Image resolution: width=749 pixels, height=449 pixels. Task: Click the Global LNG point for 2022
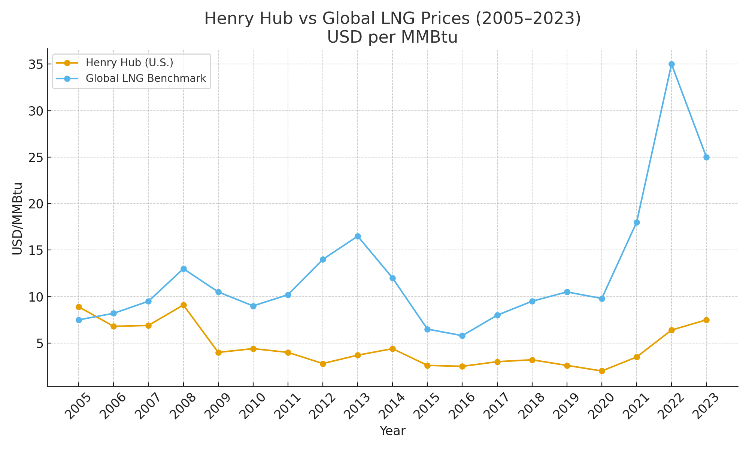coord(671,64)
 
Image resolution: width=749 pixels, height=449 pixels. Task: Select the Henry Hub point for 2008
coord(184,305)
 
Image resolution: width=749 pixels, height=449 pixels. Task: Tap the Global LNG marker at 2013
coord(358,236)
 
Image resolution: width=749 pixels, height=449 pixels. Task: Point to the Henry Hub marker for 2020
coord(602,371)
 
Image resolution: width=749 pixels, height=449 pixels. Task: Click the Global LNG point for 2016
coord(462,336)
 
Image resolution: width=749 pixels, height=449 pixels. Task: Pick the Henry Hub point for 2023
coord(706,320)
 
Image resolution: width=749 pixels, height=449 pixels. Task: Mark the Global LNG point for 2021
coord(637,223)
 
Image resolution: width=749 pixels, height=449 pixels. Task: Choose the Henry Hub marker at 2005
coord(79,307)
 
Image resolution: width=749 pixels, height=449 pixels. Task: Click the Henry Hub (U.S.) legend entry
coord(129,63)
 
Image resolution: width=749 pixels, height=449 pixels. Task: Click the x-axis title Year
coord(392,431)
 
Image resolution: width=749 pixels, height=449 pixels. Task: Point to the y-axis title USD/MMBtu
coord(18,219)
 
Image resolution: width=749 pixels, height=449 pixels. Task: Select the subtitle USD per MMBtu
coord(392,37)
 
